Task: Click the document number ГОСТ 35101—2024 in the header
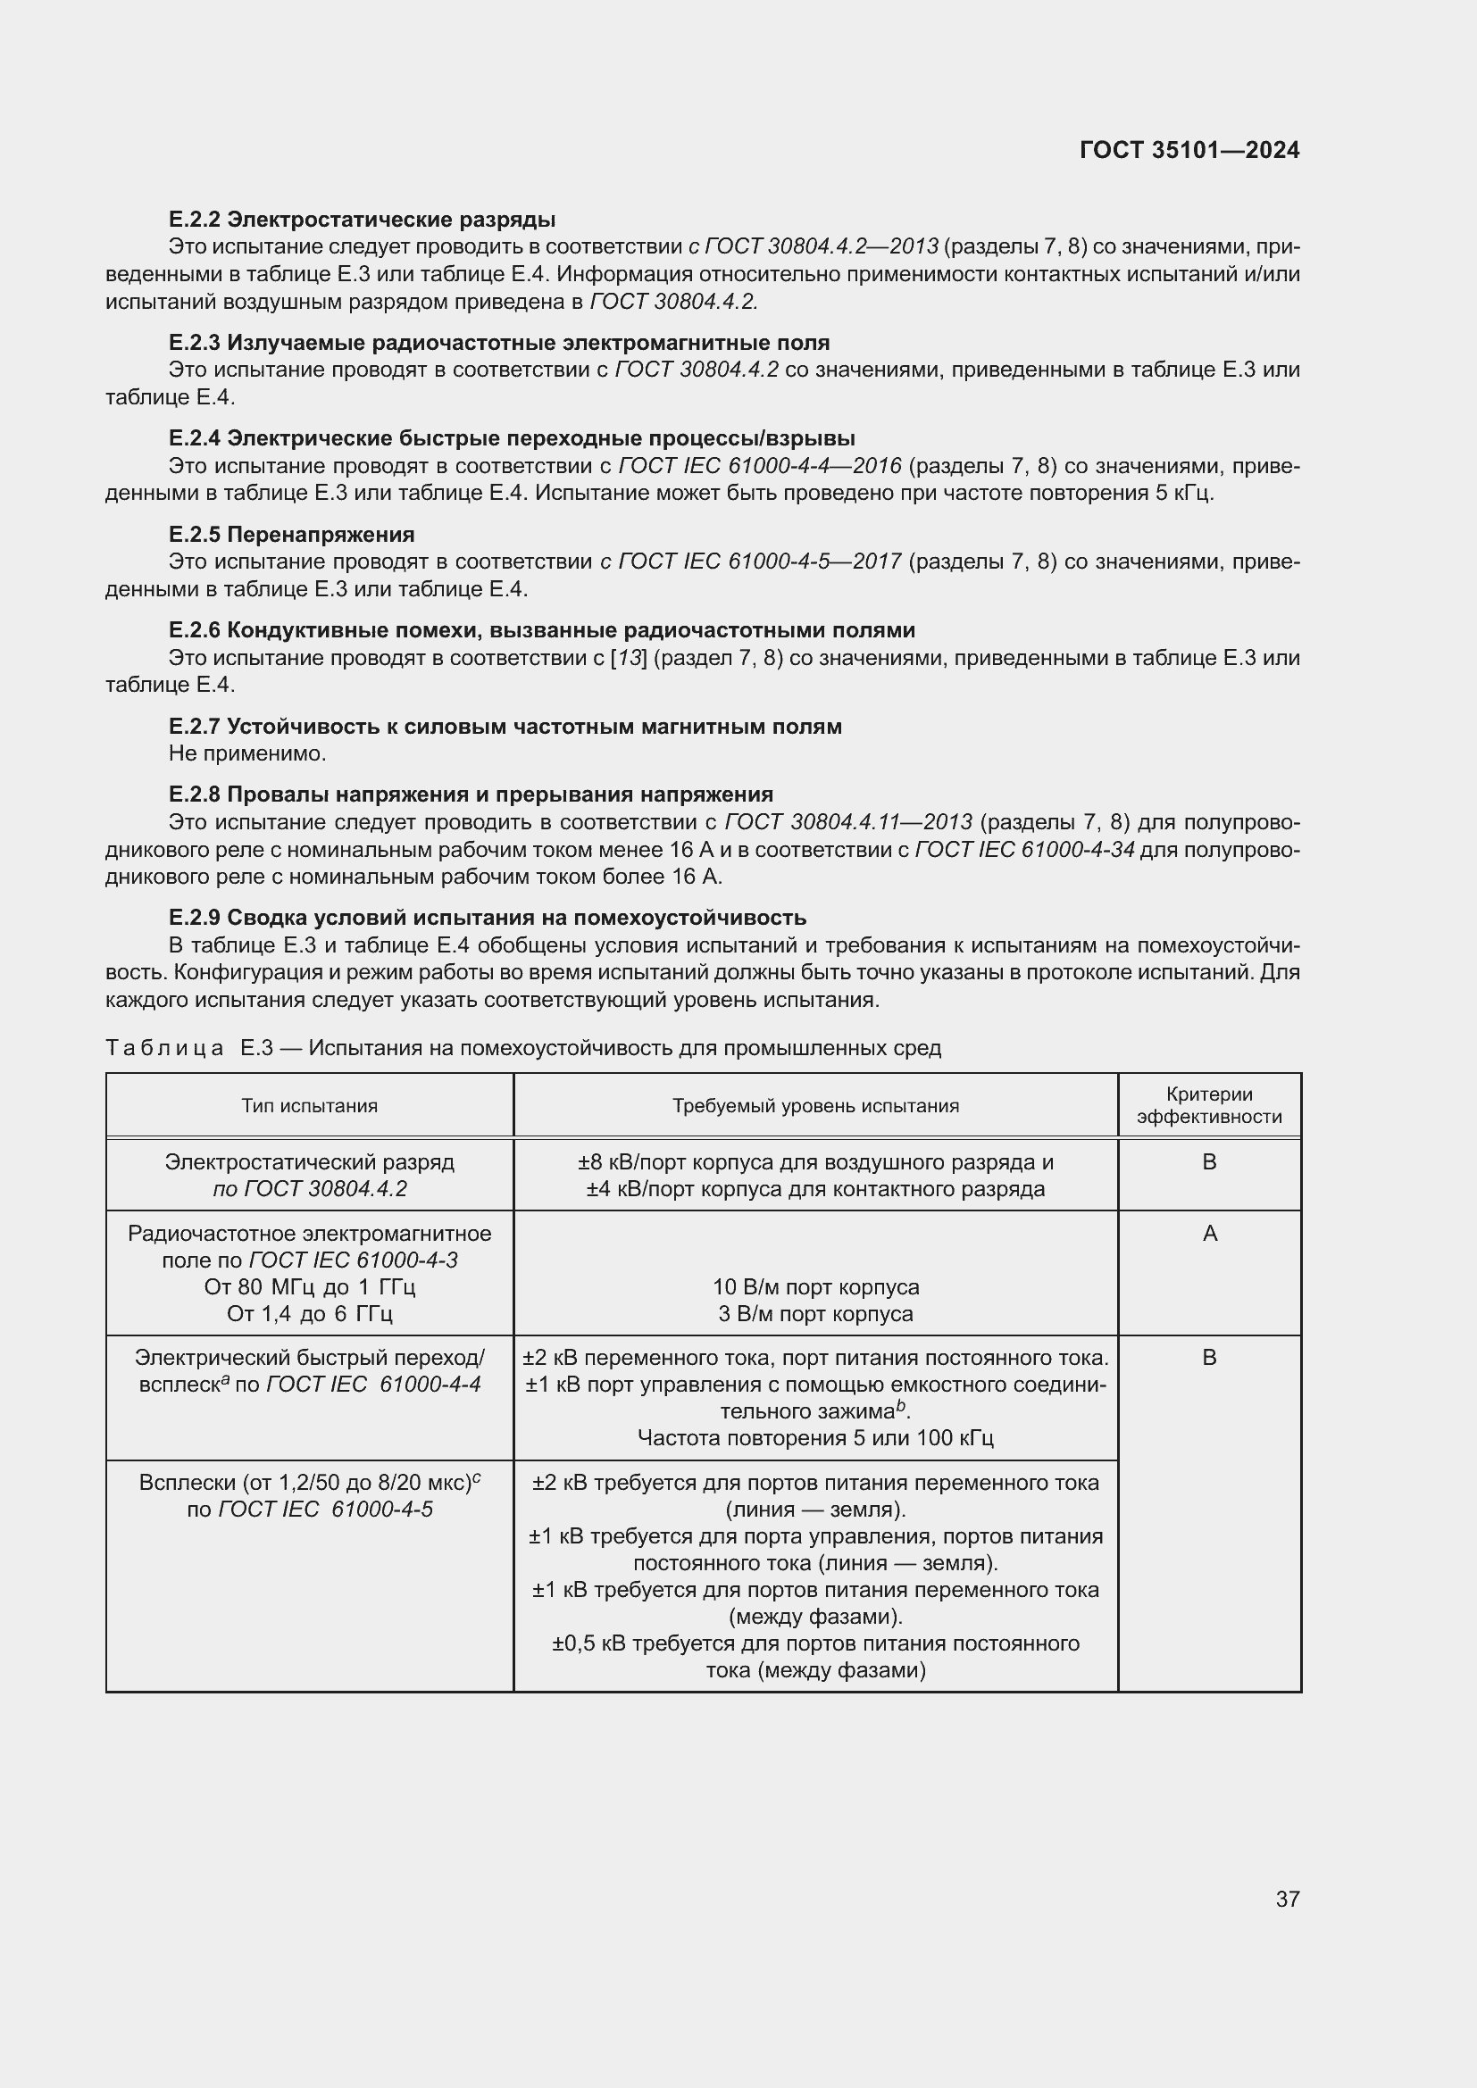(1189, 150)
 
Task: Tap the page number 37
(1287, 1899)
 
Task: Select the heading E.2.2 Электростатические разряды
(362, 220)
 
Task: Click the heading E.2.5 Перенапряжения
(291, 534)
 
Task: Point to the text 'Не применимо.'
(247, 753)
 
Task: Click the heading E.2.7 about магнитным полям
(505, 726)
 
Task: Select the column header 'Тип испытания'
(309, 1106)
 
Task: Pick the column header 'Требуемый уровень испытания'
(815, 1106)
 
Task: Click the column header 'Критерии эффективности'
(1209, 1106)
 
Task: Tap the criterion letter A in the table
(1210, 1233)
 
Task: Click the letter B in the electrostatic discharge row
(1210, 1161)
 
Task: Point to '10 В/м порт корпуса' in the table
(815, 1287)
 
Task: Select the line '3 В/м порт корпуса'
(815, 1313)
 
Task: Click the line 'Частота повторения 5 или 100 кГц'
(815, 1438)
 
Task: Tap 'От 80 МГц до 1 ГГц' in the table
(309, 1287)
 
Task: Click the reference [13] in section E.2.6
(627, 658)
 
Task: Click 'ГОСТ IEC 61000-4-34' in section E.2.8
(1024, 849)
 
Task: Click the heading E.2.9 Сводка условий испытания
(488, 917)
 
